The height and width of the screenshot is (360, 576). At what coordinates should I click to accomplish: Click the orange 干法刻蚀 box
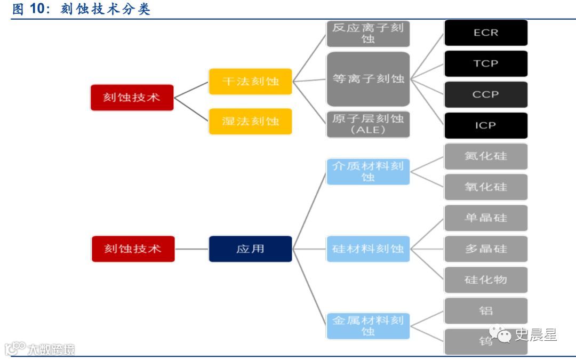click(250, 82)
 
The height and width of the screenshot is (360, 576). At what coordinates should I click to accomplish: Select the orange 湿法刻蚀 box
click(250, 121)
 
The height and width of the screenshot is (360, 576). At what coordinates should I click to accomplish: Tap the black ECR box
click(485, 33)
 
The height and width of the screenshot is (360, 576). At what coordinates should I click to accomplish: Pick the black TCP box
click(485, 63)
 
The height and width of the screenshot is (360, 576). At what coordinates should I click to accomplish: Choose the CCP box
click(485, 94)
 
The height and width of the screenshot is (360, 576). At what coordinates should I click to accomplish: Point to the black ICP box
click(485, 125)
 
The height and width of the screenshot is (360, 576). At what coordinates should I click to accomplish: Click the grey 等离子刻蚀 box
click(368, 79)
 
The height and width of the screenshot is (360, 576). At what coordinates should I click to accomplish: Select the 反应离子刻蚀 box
click(368, 33)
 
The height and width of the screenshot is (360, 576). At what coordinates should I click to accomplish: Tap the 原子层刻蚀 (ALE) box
click(368, 124)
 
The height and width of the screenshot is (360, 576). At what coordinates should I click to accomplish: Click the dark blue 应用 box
click(250, 249)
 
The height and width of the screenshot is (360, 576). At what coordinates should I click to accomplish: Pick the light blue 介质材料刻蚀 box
click(368, 171)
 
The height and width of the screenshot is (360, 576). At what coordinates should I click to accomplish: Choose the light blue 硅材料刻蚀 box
click(368, 249)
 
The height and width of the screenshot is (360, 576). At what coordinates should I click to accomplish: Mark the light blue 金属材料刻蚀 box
click(368, 326)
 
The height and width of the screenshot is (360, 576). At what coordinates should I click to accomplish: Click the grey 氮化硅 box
click(485, 156)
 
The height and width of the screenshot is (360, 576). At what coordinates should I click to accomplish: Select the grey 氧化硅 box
click(485, 187)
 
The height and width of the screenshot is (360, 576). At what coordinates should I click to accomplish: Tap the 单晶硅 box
click(485, 218)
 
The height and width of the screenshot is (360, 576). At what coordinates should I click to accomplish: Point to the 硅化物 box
click(485, 279)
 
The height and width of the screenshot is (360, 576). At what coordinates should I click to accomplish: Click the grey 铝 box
click(485, 310)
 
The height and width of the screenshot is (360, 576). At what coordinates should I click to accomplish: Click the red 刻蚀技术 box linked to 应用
click(133, 249)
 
